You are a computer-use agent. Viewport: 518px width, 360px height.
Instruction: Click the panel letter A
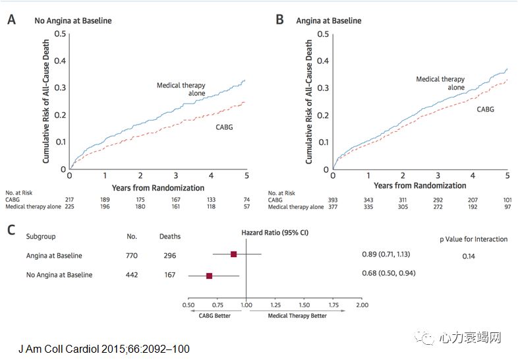click(11, 19)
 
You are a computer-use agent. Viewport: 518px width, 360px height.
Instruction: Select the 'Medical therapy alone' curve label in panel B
click(440, 83)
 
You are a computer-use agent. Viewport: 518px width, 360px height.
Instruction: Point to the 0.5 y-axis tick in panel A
click(60, 34)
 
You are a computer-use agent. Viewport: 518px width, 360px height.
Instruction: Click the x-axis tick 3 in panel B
click(438, 176)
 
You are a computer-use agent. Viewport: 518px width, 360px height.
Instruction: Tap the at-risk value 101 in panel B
click(507, 200)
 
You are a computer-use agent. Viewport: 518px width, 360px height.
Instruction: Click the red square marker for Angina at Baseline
click(233, 254)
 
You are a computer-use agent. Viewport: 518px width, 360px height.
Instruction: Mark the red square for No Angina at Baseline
click(209, 275)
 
